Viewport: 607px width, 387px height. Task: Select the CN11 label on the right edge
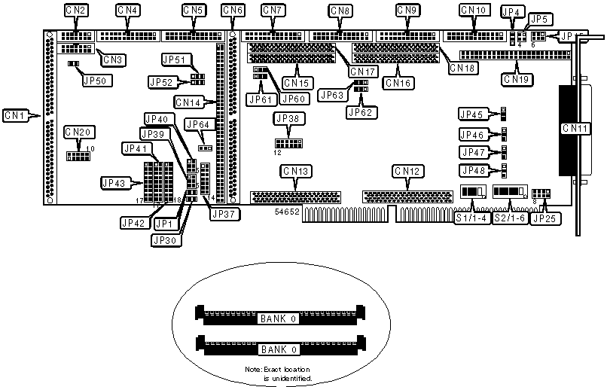pyautogui.click(x=575, y=129)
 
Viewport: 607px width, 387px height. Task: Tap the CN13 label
pyautogui.click(x=294, y=172)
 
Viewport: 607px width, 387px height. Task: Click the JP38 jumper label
pyautogui.click(x=288, y=118)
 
